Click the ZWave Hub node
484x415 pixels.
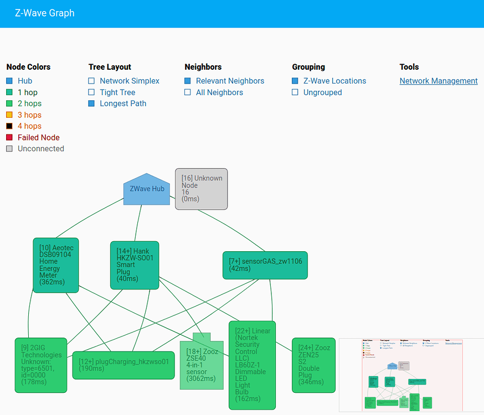146,189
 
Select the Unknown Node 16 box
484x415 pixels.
202,189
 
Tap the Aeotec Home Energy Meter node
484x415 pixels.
55,264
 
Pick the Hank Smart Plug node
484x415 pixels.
135,264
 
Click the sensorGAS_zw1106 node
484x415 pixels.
265,264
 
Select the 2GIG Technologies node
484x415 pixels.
40,365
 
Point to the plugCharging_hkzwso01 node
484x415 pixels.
123,365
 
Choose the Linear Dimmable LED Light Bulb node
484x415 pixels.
252,365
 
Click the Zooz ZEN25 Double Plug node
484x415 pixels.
313,365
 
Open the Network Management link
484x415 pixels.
439,81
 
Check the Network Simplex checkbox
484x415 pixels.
91,81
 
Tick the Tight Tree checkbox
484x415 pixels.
91,92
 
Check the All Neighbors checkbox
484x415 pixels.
188,92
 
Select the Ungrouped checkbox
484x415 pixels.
295,92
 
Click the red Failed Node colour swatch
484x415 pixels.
9,137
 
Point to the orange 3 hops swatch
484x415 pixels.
9,115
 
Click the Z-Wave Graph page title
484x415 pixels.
45,13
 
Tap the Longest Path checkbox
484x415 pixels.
91,103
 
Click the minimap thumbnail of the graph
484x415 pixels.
411,375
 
